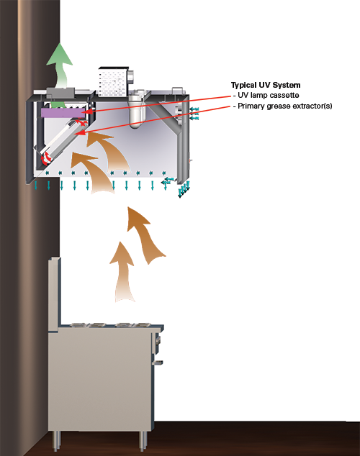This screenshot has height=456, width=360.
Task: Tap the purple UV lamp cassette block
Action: (63, 113)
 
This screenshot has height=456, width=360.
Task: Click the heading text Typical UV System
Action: (266, 85)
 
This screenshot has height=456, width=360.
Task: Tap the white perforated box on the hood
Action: (113, 82)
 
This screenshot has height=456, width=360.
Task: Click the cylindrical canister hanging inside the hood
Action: (135, 110)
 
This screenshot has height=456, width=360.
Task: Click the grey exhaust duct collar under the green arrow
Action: (60, 93)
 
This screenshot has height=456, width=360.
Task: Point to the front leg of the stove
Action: (143, 439)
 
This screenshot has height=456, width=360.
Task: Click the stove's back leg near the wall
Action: (57, 440)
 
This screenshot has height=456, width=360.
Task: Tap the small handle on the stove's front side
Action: (158, 362)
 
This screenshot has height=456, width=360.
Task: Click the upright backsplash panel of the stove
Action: (55, 293)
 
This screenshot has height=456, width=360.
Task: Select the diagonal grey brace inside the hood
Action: (166, 114)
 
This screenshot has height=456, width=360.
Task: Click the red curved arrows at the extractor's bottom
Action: (45, 158)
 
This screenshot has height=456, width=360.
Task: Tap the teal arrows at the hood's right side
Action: (194, 114)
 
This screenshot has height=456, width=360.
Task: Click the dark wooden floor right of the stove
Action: (256, 438)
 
